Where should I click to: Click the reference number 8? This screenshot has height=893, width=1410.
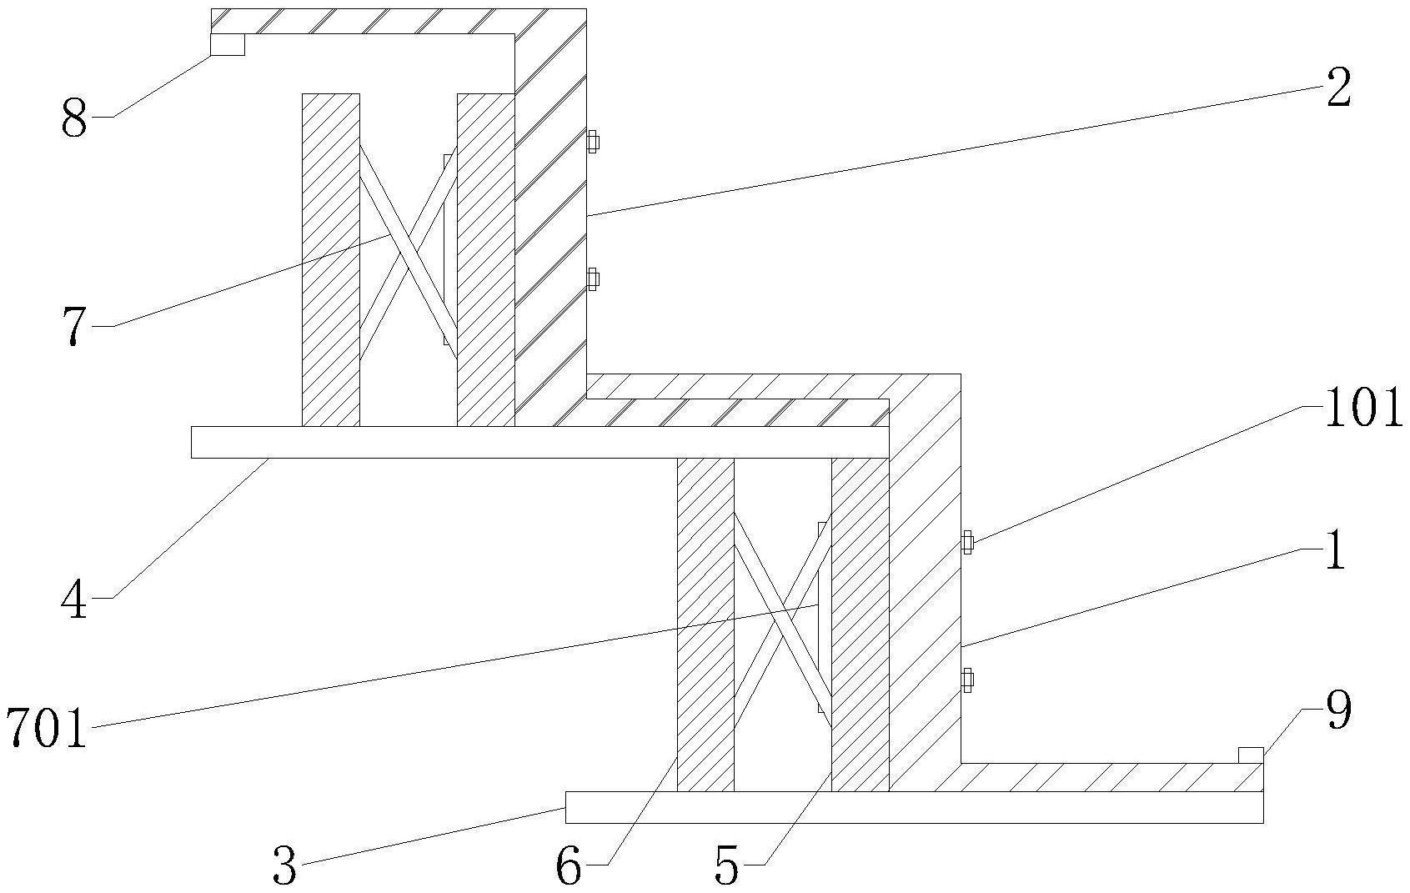click(74, 119)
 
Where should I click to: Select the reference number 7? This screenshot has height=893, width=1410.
click(74, 327)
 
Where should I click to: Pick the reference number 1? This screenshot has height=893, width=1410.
click(1335, 552)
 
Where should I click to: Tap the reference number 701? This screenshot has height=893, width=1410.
click(47, 728)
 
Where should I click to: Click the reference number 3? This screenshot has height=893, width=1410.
click(284, 868)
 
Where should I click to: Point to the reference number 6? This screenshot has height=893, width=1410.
click(569, 868)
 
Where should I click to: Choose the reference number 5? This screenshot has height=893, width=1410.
click(727, 868)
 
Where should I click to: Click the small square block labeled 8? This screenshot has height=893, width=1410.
click(227, 44)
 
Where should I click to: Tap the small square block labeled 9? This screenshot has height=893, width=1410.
click(1250, 755)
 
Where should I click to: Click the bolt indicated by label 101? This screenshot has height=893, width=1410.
click(967, 543)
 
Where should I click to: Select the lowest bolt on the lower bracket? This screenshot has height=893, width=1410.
click(967, 680)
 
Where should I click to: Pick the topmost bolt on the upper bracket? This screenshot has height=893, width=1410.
click(592, 142)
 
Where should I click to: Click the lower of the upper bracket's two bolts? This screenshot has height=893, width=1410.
click(592, 278)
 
